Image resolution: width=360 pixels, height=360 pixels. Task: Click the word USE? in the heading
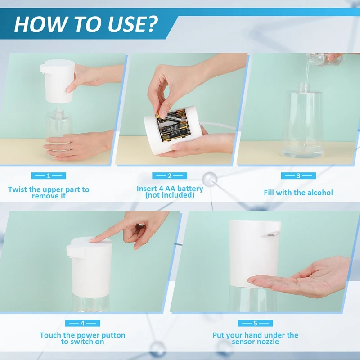tap(133, 24)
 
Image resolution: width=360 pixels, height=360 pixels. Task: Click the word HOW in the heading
tap(40, 24)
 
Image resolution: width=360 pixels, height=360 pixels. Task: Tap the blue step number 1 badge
tap(49, 175)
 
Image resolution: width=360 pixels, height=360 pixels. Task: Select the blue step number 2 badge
tap(170, 175)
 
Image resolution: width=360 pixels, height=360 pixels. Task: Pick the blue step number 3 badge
tap(298, 175)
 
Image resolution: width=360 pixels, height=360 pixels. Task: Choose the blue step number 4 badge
tap(83, 323)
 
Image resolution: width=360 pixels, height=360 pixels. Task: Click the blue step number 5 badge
tap(255, 323)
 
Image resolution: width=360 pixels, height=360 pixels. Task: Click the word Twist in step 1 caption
tap(18, 189)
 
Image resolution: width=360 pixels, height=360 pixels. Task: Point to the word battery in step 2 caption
tap(190, 189)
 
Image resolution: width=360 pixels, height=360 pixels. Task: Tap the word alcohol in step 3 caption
tap(320, 193)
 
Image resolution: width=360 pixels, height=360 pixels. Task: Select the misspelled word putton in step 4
tap(113, 335)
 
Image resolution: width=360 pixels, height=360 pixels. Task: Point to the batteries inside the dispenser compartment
tap(173, 125)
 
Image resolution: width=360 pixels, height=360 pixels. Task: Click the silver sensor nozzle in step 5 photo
tap(273, 234)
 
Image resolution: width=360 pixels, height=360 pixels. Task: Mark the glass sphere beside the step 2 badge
tap(210, 180)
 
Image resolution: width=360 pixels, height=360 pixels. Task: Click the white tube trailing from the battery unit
tap(218, 125)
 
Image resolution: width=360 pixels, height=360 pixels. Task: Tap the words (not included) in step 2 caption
tap(170, 195)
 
